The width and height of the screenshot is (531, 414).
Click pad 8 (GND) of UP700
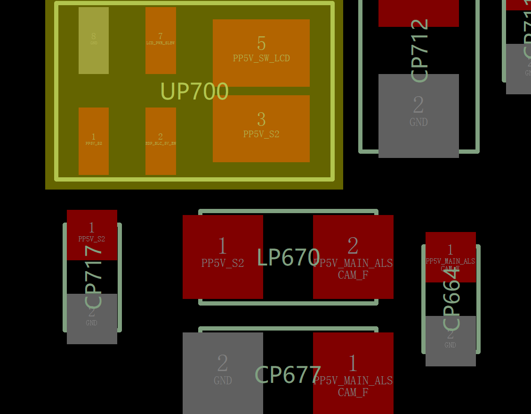point(94,41)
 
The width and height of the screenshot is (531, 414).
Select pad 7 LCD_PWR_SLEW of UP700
point(161,41)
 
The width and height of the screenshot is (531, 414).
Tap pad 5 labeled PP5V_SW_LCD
point(261,53)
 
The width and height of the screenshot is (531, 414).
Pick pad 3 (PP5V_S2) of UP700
point(261,129)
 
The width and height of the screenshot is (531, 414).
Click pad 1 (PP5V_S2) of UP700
point(94,141)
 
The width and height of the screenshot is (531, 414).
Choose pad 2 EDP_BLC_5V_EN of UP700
point(161,141)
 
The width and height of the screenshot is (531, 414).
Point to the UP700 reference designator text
point(194,91)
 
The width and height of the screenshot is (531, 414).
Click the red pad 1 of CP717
point(92,234)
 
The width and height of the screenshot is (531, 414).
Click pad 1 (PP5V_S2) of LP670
point(223,257)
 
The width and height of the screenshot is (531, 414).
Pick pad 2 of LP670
point(353,257)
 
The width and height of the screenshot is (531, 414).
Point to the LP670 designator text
point(288,257)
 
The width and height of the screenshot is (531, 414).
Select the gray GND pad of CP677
point(223,373)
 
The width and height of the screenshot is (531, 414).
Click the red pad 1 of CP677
point(353,373)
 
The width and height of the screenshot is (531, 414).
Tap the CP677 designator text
point(288,375)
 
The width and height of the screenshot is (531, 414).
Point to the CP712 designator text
point(419,50)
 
